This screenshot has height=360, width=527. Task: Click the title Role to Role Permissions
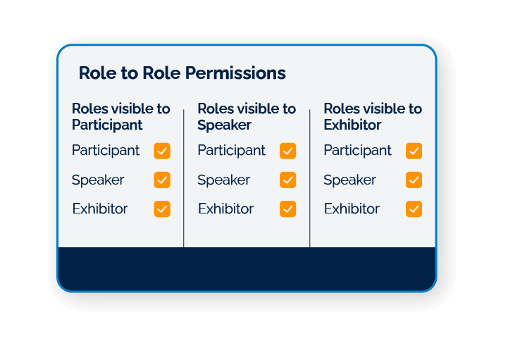click(182, 73)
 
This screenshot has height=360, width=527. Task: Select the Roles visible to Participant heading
click(120, 117)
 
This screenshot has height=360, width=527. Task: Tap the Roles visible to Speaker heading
click(247, 117)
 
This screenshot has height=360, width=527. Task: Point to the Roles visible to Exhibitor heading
click(372, 117)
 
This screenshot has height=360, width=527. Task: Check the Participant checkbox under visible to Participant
click(162, 151)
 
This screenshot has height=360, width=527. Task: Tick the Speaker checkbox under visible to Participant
click(162, 180)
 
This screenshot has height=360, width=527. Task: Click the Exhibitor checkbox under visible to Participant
click(162, 209)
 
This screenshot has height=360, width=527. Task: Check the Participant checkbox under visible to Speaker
click(287, 151)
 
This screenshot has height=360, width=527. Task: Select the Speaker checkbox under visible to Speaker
click(287, 180)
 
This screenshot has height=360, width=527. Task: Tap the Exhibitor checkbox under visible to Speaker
click(287, 209)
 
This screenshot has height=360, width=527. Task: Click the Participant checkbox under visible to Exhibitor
click(414, 151)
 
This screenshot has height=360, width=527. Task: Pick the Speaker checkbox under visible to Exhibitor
click(414, 180)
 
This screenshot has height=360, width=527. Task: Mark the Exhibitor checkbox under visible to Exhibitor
click(414, 209)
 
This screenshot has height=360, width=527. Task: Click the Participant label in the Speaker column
click(231, 151)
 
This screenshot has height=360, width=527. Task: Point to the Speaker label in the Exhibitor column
click(349, 180)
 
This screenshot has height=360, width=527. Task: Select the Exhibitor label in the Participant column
click(100, 209)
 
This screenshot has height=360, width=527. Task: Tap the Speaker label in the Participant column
click(98, 180)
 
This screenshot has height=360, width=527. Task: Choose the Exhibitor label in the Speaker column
click(225, 209)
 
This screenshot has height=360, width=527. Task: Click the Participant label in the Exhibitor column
click(357, 151)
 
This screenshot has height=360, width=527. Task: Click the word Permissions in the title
click(239, 73)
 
